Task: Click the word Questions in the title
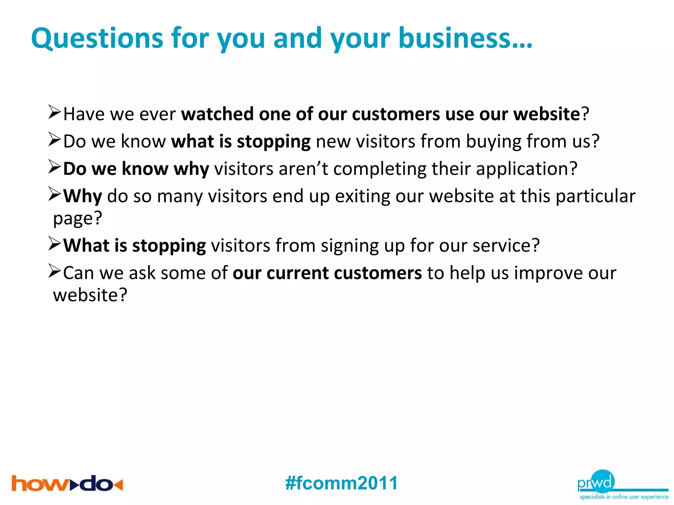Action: pyautogui.click(x=97, y=38)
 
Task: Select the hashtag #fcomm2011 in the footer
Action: pyautogui.click(x=342, y=483)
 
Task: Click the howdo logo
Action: pyautogui.click(x=67, y=484)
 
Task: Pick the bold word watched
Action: pyautogui.click(x=217, y=114)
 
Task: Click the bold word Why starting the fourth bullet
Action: pyautogui.click(x=83, y=197)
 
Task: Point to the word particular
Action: pyautogui.click(x=595, y=197)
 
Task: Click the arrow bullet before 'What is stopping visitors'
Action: pyautogui.click(x=55, y=244)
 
